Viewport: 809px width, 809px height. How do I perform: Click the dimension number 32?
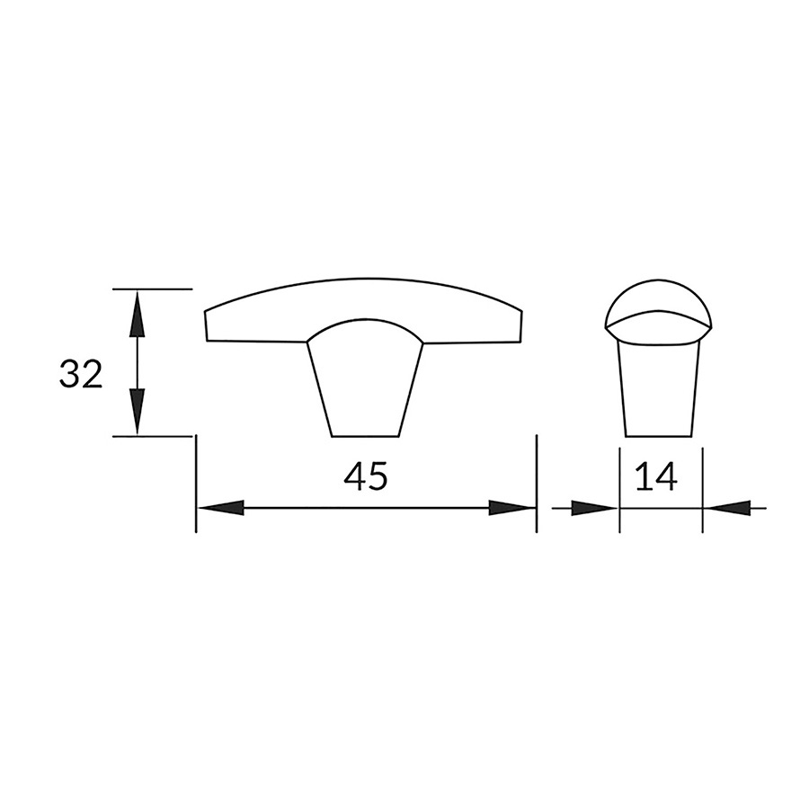(x=81, y=374)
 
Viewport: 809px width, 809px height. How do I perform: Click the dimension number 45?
(x=366, y=477)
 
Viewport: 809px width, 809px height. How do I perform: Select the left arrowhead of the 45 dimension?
(x=219, y=508)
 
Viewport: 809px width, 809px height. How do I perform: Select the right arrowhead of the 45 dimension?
(x=512, y=508)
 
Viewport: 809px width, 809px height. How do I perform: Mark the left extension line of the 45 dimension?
(x=196, y=485)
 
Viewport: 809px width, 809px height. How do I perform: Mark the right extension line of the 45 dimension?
(x=536, y=485)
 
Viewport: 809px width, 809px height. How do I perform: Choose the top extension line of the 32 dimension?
(x=153, y=289)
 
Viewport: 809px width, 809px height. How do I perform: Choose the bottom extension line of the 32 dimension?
(x=153, y=436)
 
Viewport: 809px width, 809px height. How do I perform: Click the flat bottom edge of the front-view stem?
(x=365, y=436)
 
